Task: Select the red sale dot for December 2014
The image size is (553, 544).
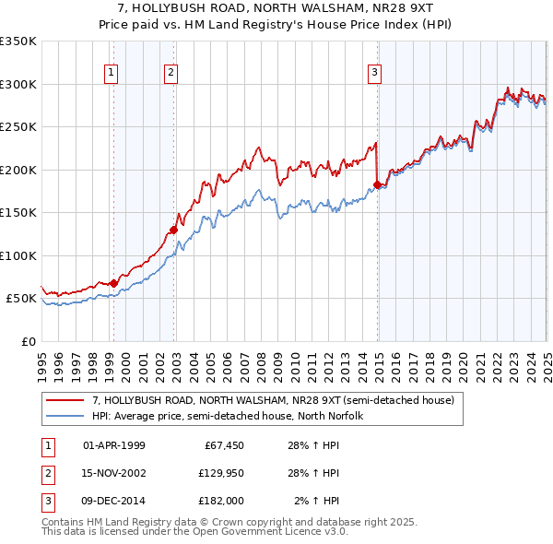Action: pyautogui.click(x=377, y=185)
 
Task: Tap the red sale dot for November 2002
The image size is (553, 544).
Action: pyautogui.click(x=173, y=230)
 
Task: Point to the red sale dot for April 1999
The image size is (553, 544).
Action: pyautogui.click(x=113, y=283)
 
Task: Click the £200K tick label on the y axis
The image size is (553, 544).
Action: pyautogui.click(x=18, y=170)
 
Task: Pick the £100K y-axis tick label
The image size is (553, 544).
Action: pyautogui.click(x=18, y=255)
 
